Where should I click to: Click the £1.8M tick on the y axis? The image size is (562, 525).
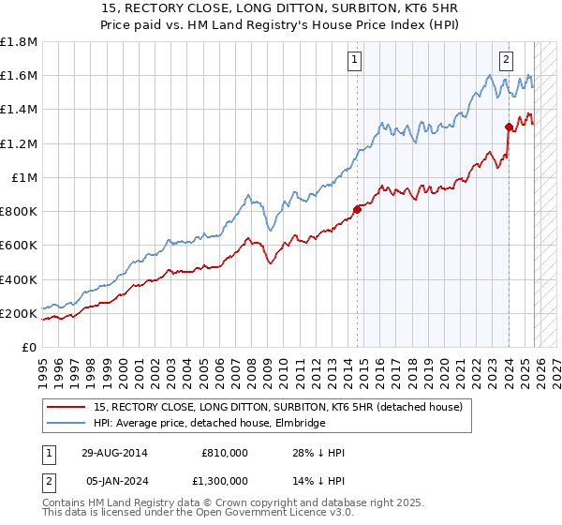(x=19, y=42)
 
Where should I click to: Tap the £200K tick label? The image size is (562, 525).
(x=19, y=313)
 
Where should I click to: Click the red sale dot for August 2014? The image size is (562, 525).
(x=357, y=210)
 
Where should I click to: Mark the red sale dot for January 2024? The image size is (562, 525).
(x=508, y=127)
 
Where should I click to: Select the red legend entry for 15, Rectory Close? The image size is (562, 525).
(x=277, y=407)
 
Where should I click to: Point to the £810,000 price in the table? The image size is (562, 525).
(x=225, y=452)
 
